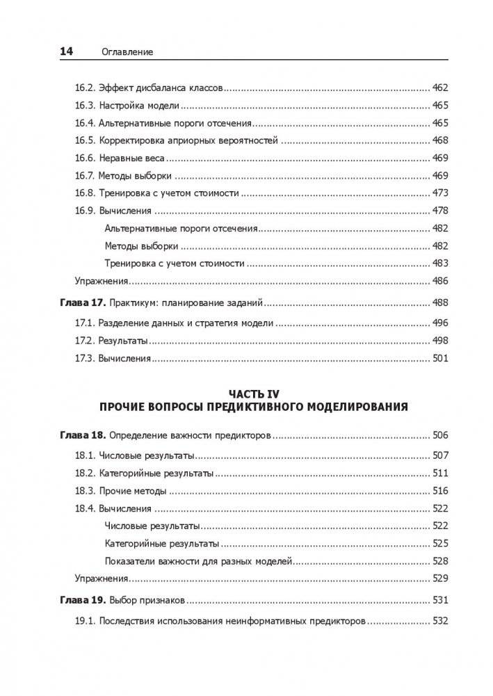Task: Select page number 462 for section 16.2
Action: point(440,88)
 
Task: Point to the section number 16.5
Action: point(84,140)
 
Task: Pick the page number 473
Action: point(440,193)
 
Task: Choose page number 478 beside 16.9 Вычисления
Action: point(440,211)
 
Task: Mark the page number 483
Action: point(440,264)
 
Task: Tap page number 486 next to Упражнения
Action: point(440,281)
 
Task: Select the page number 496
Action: point(440,323)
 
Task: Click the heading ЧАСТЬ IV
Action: point(246,393)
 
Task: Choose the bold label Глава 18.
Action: point(80,435)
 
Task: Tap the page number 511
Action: point(440,474)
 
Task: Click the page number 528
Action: point(440,560)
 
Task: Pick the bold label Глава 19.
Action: point(80,600)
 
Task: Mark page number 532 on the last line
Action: point(440,621)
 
